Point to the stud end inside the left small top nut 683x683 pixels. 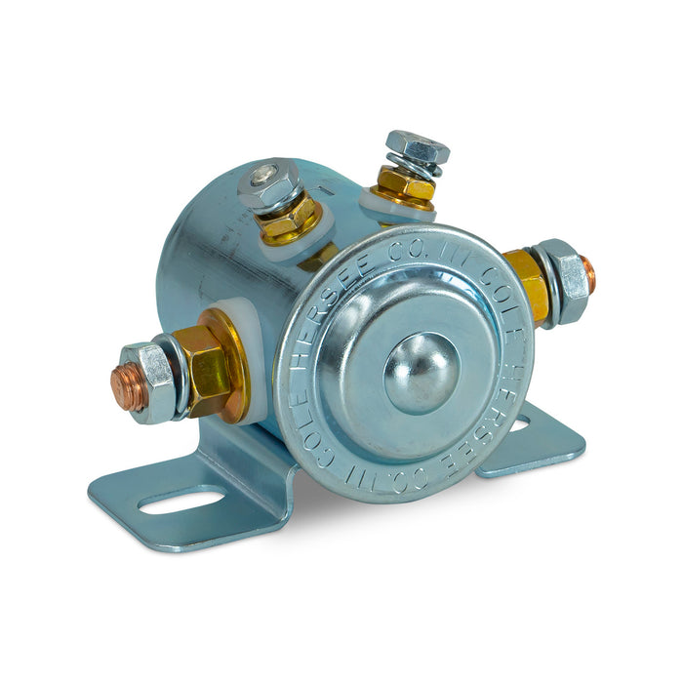coord(264,176)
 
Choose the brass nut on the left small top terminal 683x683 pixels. coord(288,218)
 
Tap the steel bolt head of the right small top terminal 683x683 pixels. coord(417,146)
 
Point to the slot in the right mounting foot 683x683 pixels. coord(519,424)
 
